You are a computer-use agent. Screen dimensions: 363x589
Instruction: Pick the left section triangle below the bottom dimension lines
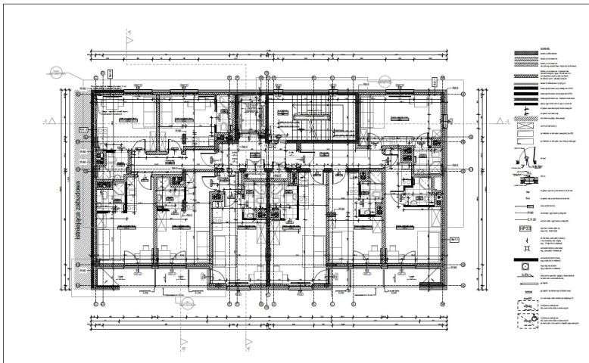coord(182,342)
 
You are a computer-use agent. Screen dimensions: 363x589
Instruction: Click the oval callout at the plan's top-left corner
coord(55,72)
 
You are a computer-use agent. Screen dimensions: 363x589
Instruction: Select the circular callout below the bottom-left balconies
coord(182,303)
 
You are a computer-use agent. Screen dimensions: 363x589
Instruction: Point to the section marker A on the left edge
coord(45,119)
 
